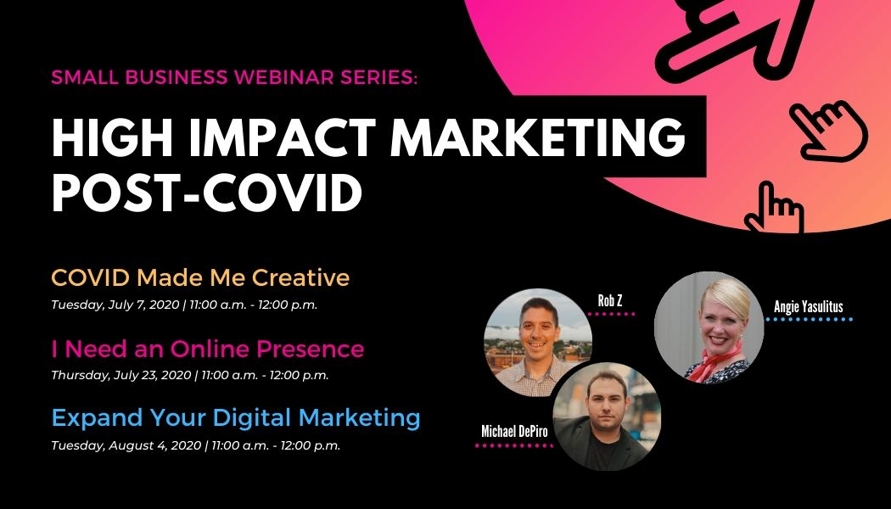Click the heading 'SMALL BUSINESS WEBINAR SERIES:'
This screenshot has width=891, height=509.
coord(234,76)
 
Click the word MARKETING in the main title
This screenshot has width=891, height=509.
coord(538,137)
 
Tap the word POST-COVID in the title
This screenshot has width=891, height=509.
coord(207,192)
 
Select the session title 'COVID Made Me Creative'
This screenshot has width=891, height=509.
coord(200,277)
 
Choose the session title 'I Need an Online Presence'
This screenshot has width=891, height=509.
coord(207,349)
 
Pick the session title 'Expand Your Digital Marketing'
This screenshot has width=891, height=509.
coord(236,418)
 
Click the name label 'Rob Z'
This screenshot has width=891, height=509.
coord(610,300)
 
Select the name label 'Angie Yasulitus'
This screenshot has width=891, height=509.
coord(809,307)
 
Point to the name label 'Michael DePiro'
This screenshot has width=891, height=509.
coord(515,432)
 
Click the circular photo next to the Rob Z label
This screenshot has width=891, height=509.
coord(538,343)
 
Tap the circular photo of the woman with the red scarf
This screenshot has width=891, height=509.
coord(709,327)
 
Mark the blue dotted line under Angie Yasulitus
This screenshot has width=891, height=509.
coord(810,319)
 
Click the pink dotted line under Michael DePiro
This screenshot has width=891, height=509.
coord(513,446)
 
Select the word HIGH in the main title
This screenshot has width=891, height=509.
coord(115,137)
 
